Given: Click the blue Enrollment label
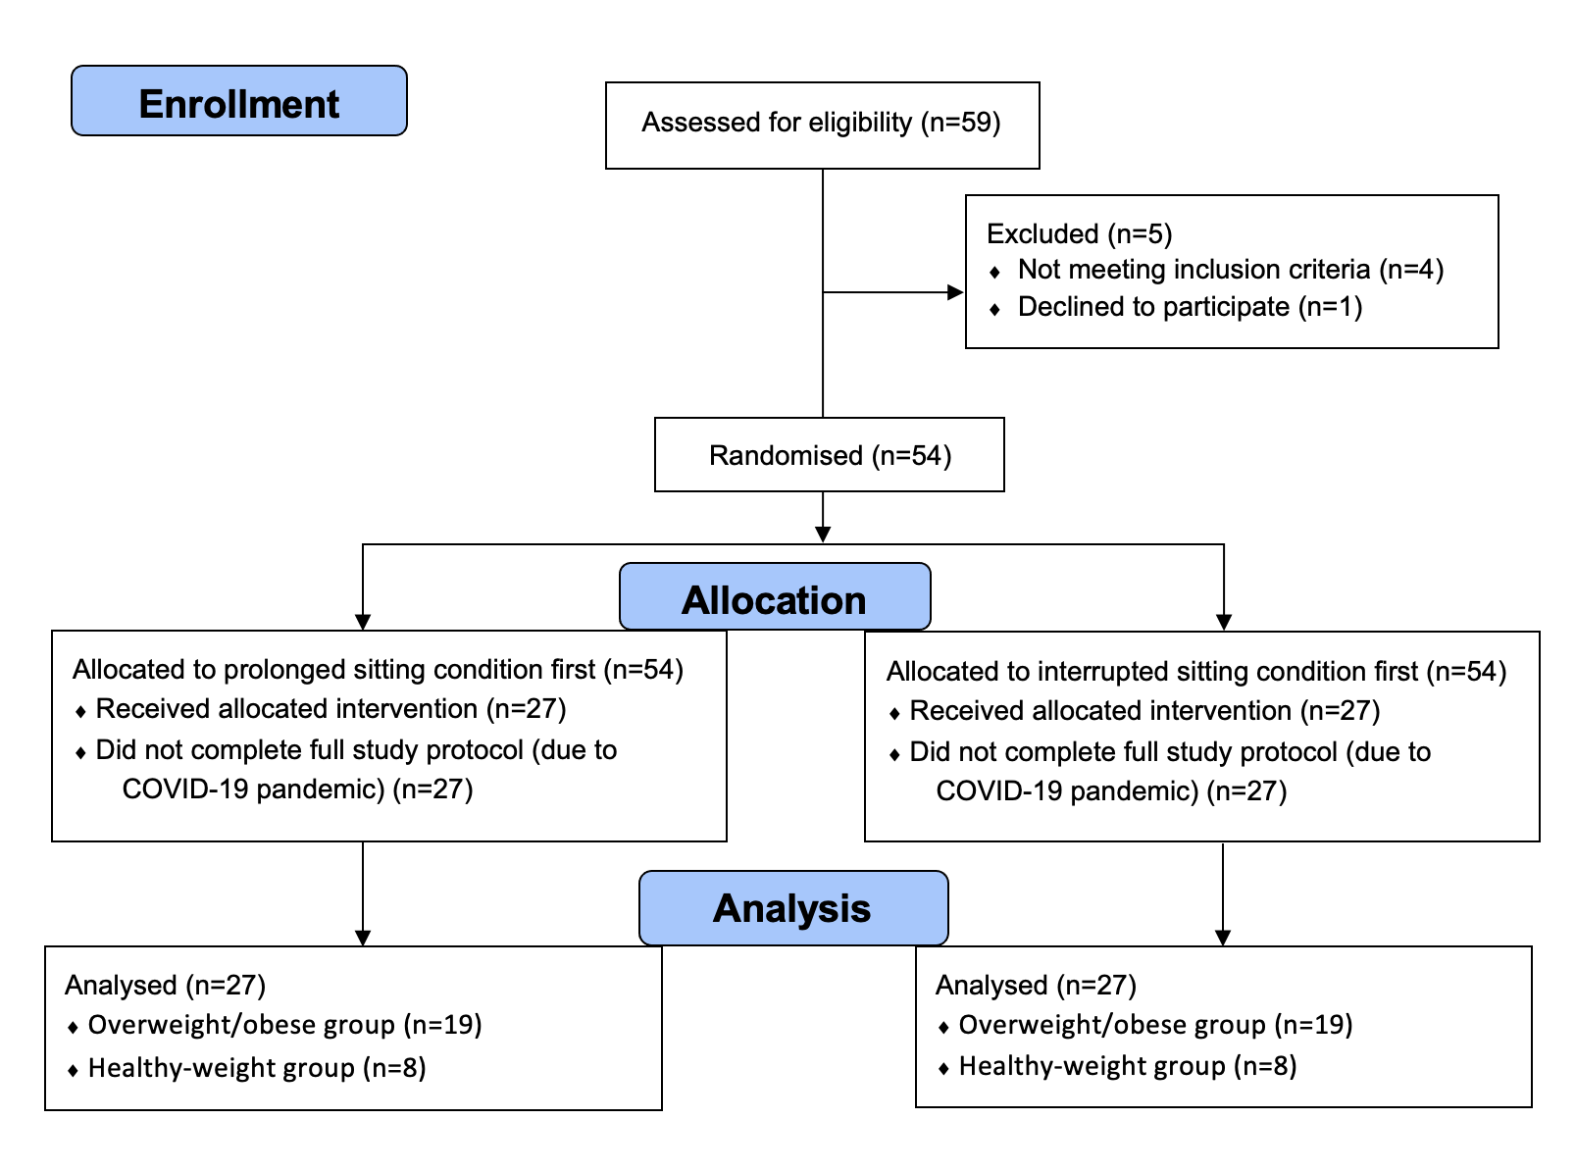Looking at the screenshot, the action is pyautogui.click(x=238, y=101).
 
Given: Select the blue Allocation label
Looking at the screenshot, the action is pyautogui.click(x=775, y=596).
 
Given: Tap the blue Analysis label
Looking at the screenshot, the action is pyautogui.click(x=793, y=907).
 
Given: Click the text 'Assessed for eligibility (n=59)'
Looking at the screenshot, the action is pyautogui.click(x=821, y=123).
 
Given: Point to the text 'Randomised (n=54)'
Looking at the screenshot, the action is pyautogui.click(x=830, y=455).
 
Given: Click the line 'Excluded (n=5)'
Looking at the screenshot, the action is pyautogui.click(x=1080, y=233).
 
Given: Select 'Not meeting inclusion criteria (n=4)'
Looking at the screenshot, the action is pyautogui.click(x=1231, y=269).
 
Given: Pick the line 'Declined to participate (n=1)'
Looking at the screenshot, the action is pyautogui.click(x=1191, y=307).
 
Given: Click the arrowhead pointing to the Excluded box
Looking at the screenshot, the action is pyautogui.click(x=956, y=292).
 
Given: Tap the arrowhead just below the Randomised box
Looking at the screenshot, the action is pyautogui.click(x=823, y=535).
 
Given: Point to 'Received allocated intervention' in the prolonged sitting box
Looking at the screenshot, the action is pyautogui.click(x=286, y=709).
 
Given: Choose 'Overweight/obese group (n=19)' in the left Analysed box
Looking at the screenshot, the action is pyautogui.click(x=284, y=1025).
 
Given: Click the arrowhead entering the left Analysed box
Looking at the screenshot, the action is pyautogui.click(x=363, y=938).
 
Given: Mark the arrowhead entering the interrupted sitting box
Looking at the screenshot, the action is pyautogui.click(x=1224, y=622).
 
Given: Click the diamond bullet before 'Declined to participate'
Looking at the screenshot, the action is pyautogui.click(x=994, y=310).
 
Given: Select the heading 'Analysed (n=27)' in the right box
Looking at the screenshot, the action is pyautogui.click(x=1036, y=985).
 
